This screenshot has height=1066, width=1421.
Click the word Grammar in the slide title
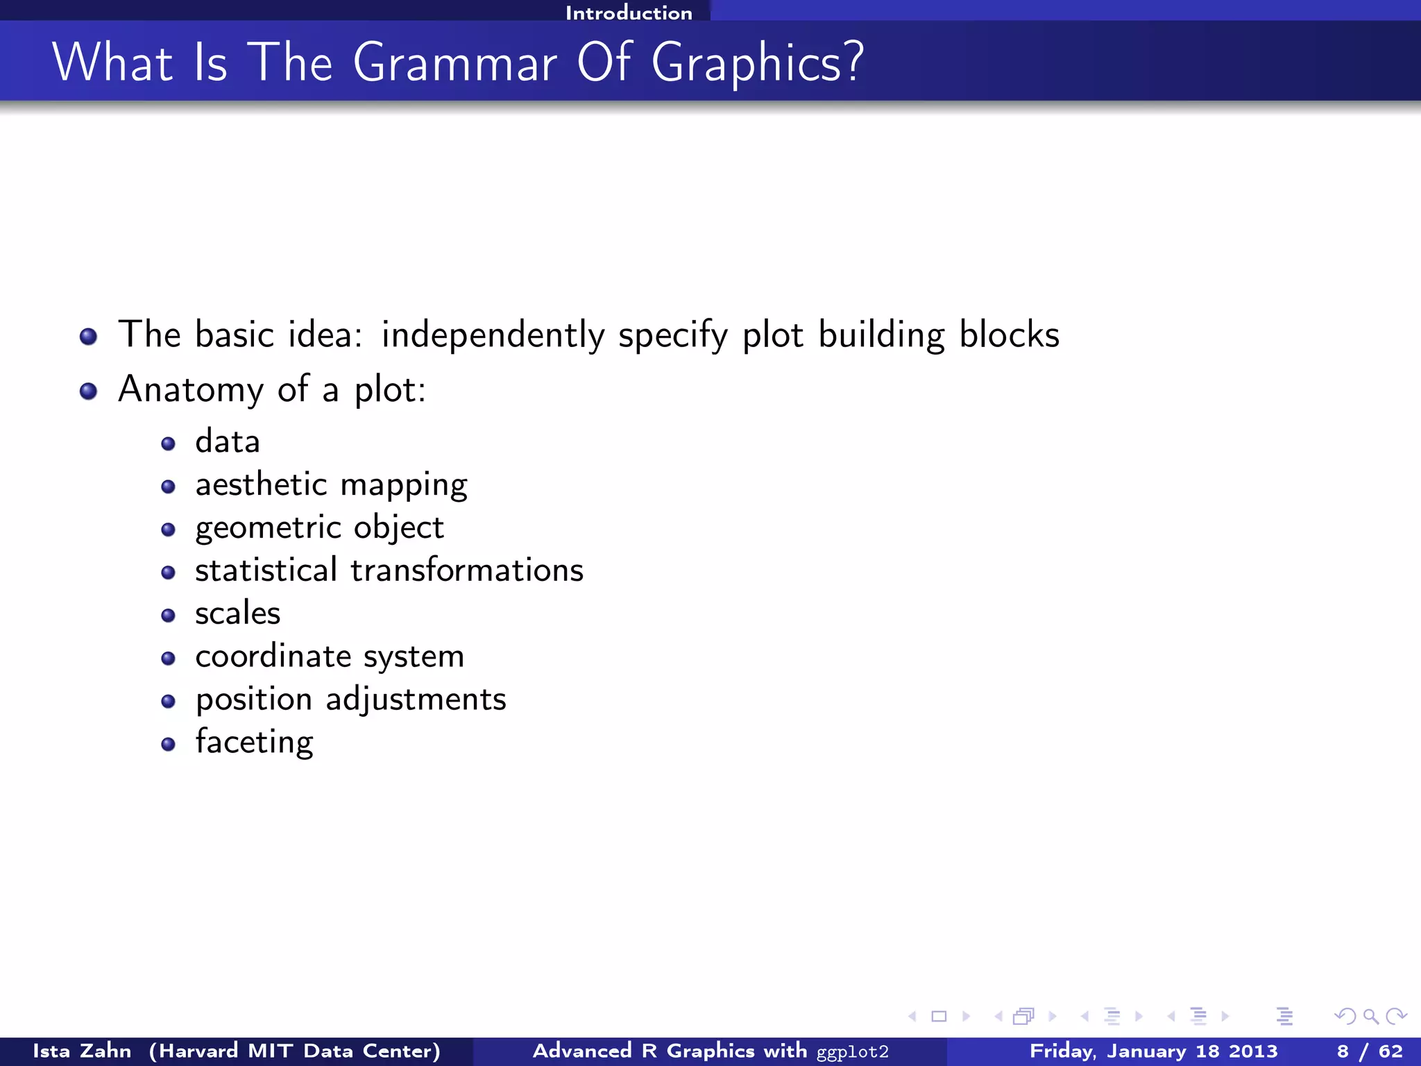pyautogui.click(x=454, y=64)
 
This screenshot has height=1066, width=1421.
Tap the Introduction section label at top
pyautogui.click(x=629, y=12)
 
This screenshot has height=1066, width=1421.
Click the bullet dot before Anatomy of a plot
pyautogui.click(x=88, y=391)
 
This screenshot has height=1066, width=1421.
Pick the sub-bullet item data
pyautogui.click(x=228, y=442)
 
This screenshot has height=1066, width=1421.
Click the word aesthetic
pyautogui.click(x=261, y=484)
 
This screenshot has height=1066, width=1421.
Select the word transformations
pyautogui.click(x=467, y=570)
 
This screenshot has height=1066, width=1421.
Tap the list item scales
pyautogui.click(x=238, y=614)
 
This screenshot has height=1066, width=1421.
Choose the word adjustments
pyautogui.click(x=416, y=700)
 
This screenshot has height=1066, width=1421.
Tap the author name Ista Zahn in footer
pyautogui.click(x=82, y=1051)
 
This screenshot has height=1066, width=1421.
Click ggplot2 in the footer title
pyautogui.click(x=852, y=1052)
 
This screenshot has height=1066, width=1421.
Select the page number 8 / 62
pyautogui.click(x=1369, y=1051)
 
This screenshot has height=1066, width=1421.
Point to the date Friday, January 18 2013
pyautogui.click(x=1153, y=1051)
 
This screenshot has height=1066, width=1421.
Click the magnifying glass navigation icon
pyautogui.click(x=1370, y=1017)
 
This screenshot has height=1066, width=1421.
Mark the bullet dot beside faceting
pyautogui.click(x=168, y=745)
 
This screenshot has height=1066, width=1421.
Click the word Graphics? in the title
pyautogui.click(x=757, y=64)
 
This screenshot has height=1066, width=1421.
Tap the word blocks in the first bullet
pyautogui.click(x=1010, y=335)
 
